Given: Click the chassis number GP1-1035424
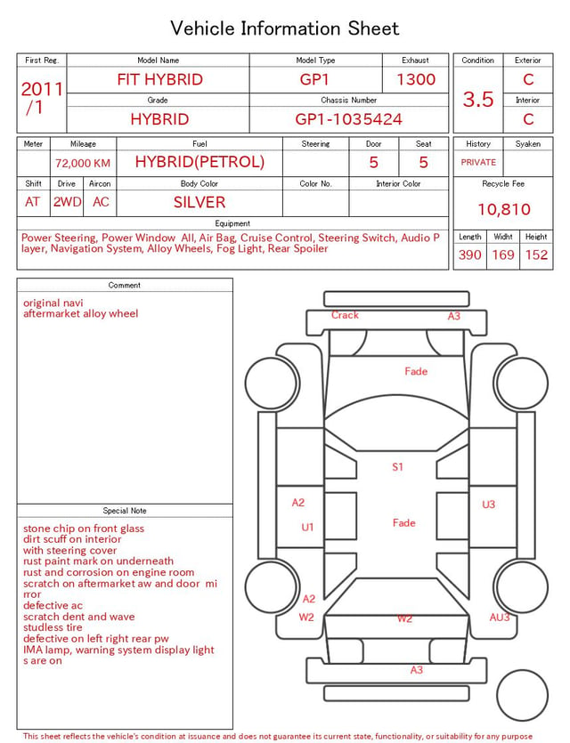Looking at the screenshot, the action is coord(348,119).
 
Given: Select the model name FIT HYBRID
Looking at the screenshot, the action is coord(159,79).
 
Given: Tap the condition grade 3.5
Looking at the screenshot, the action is coord(478,99).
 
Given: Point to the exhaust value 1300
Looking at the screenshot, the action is coord(416,79).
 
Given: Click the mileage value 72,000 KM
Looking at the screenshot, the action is coord(83,163).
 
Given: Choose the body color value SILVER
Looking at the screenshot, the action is coord(199,202).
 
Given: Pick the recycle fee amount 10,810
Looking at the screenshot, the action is coord(503,209).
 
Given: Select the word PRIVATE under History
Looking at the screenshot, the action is coord(478,162).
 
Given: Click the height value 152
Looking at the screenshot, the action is coord(536,254).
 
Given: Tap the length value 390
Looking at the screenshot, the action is coord(470,254).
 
